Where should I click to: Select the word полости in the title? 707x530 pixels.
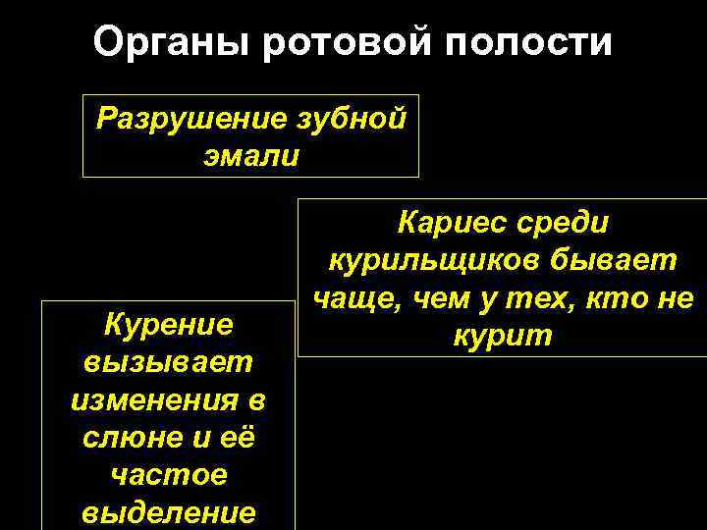pos(527,42)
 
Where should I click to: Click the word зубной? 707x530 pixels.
pos(351,120)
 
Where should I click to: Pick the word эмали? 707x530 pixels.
pos(249,156)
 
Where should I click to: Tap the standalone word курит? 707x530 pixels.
pos(503,336)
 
